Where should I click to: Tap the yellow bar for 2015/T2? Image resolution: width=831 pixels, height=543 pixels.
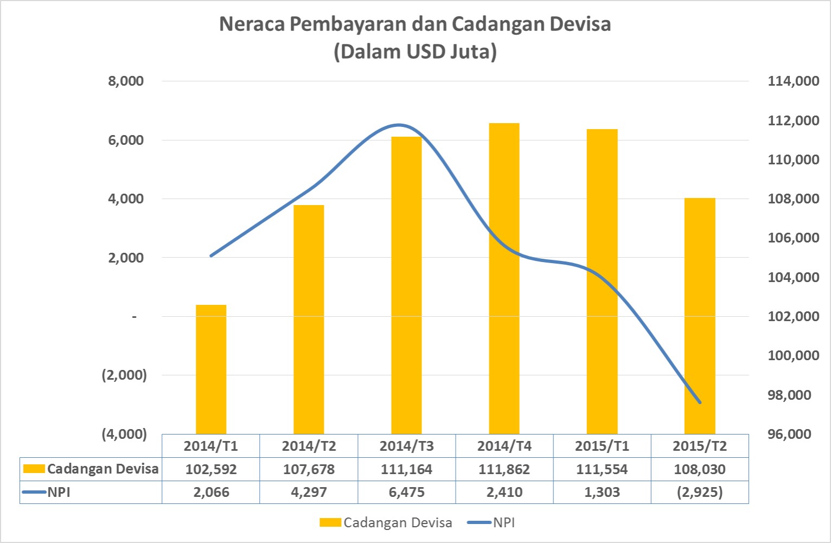pos(700,316)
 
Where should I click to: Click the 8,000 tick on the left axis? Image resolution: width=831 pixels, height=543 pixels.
pos(126,81)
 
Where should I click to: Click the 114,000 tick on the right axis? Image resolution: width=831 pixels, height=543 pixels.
pos(793,81)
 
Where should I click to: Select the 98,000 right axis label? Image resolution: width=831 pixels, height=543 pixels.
pos(793,395)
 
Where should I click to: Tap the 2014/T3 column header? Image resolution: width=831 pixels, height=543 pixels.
pos(406,446)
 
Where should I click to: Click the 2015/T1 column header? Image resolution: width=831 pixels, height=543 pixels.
pos(602,446)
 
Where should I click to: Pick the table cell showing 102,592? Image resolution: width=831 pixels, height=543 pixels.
pos(211,469)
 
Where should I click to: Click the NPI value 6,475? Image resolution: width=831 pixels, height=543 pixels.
pos(406,493)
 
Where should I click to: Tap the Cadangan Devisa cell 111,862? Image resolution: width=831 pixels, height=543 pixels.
pos(504,469)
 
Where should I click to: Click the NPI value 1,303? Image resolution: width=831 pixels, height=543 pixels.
pos(602,493)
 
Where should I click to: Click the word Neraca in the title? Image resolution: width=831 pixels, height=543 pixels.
pos(251,24)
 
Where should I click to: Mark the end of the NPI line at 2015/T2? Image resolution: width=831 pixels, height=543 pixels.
pos(700,403)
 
